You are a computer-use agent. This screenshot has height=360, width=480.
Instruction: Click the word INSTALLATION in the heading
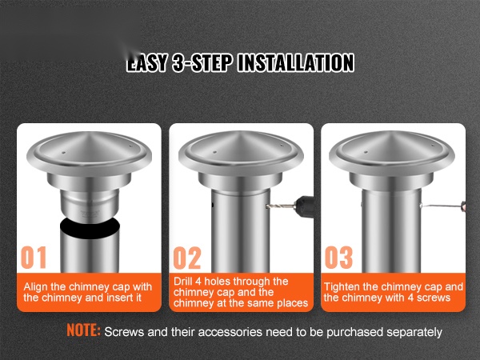pyautogui.click(x=296, y=62)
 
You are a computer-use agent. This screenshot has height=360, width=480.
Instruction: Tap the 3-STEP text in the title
pyautogui.click(x=202, y=62)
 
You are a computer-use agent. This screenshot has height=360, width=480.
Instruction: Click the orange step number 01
pyautogui.click(x=34, y=258)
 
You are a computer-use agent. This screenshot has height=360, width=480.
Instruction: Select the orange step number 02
pyautogui.click(x=187, y=258)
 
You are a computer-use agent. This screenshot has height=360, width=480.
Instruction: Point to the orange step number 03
pyautogui.click(x=338, y=258)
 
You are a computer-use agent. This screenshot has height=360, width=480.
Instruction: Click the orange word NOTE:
pyautogui.click(x=83, y=330)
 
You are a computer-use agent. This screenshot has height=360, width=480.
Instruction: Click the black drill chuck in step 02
pyautogui.click(x=304, y=206)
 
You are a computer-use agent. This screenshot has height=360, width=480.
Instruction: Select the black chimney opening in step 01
pyautogui.click(x=90, y=228)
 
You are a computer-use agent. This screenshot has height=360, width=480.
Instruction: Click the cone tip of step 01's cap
pyautogui.click(x=89, y=133)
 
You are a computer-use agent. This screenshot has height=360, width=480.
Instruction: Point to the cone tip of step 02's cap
pyautogui.click(x=240, y=132)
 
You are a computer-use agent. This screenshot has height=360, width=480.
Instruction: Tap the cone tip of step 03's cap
pyautogui.click(x=391, y=132)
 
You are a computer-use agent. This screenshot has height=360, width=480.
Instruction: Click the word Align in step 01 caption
pyautogui.click(x=36, y=287)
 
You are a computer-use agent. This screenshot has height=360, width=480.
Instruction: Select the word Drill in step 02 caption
pyautogui.click(x=182, y=281)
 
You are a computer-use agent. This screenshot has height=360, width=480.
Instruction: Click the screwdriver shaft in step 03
pyautogui.click(x=441, y=206)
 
